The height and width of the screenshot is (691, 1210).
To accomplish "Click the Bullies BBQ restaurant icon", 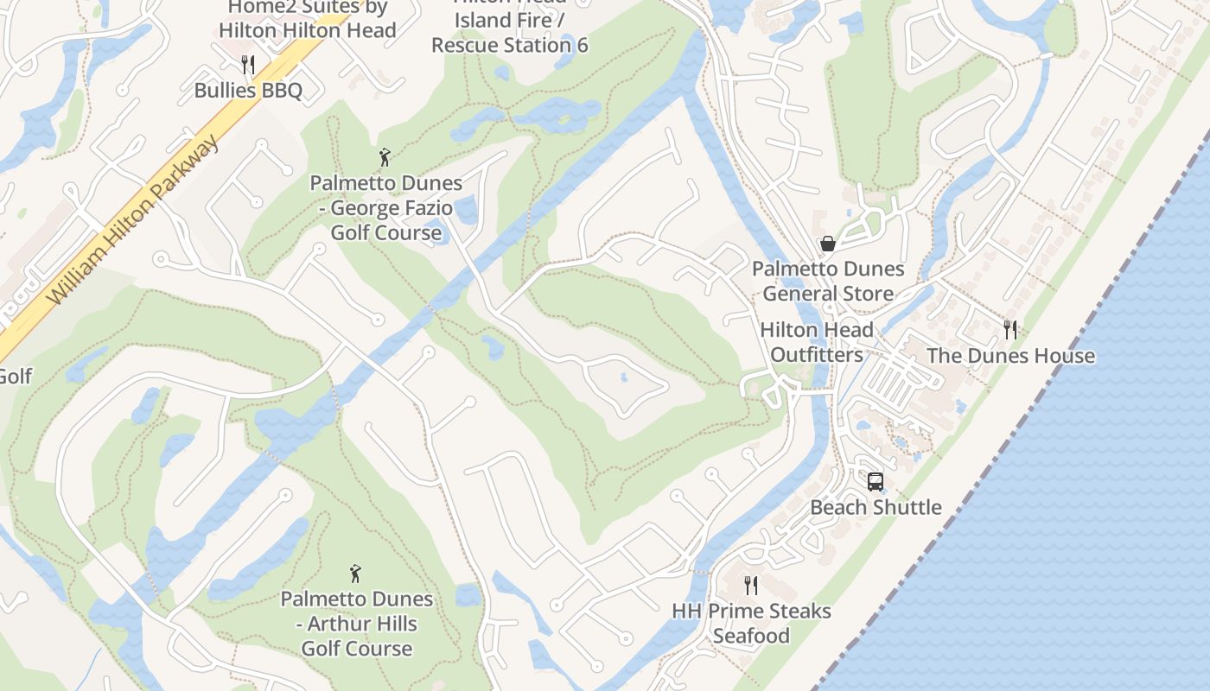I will [x=247, y=64].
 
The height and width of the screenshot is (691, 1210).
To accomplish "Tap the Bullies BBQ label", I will [x=248, y=90].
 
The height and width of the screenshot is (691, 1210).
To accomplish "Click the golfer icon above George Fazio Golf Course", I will [x=385, y=157].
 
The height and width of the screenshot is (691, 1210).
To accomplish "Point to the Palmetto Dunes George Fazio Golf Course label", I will [x=386, y=208].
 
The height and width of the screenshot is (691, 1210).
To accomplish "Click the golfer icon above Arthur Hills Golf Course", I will [x=355, y=573].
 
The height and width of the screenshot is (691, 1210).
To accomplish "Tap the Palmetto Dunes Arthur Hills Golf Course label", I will [x=357, y=624].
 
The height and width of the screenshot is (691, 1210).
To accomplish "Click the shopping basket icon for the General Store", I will [x=828, y=244].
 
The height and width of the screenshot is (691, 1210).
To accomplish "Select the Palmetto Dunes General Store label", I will [x=828, y=282].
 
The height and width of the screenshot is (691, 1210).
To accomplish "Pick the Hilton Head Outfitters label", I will [x=817, y=342].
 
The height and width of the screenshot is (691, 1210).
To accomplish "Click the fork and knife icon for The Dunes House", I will [x=1009, y=329].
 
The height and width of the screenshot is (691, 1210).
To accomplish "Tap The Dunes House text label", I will [x=1010, y=356].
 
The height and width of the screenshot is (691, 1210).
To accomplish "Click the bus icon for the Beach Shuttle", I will [x=876, y=481].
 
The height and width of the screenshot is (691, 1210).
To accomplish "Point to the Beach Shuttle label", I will [x=876, y=507].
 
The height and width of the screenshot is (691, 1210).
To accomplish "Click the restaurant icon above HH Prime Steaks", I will [x=751, y=585].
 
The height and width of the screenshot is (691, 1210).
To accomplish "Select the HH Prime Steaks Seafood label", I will [x=751, y=624].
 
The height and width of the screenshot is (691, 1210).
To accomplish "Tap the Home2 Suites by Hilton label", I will [x=307, y=19].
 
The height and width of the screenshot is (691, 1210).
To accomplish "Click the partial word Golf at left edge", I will [x=15, y=377].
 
